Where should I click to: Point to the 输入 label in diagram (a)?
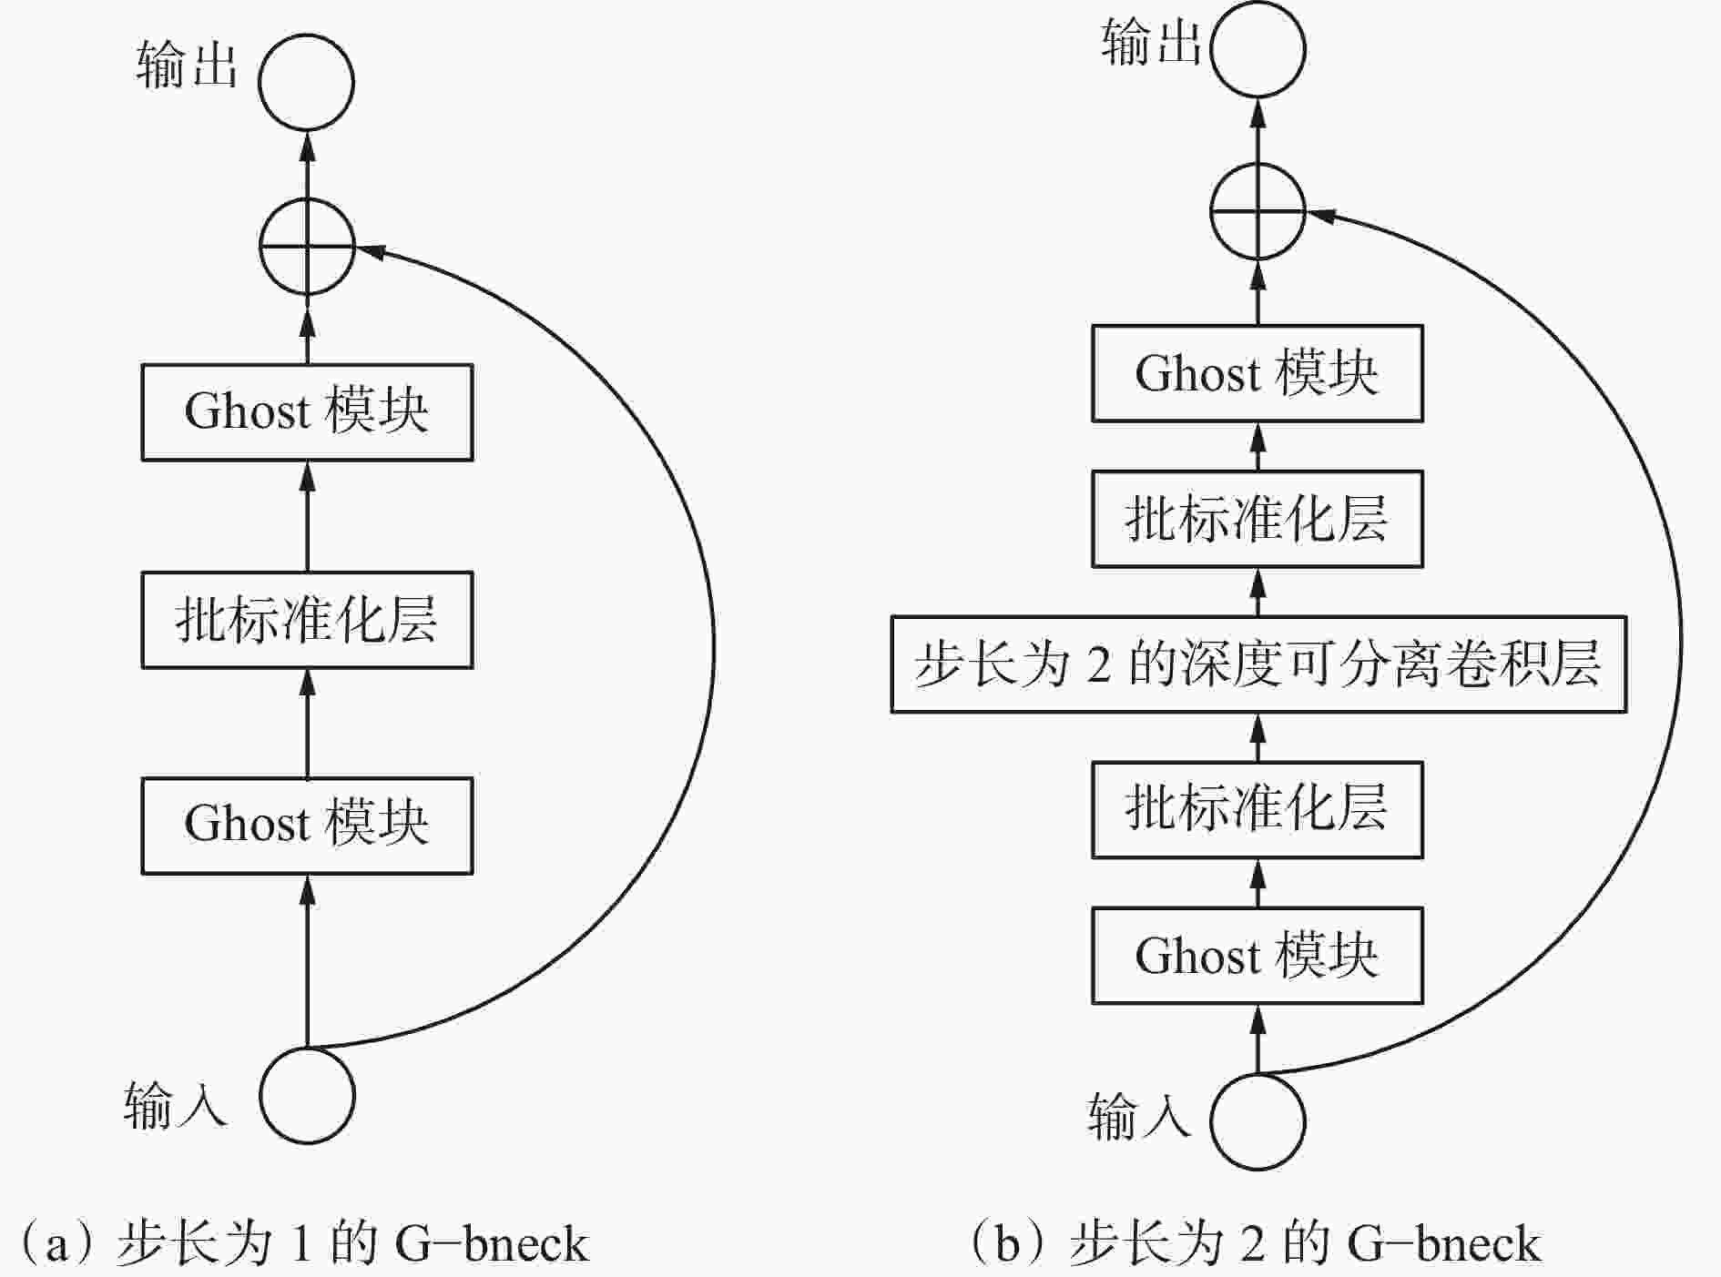tap(175, 1105)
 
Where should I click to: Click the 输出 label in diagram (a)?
tap(188, 66)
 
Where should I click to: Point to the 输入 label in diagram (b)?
tap(1139, 1115)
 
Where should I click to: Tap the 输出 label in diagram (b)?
tap(1152, 42)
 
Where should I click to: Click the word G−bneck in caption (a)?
tap(492, 1244)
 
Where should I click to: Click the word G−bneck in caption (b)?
tap(1444, 1244)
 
